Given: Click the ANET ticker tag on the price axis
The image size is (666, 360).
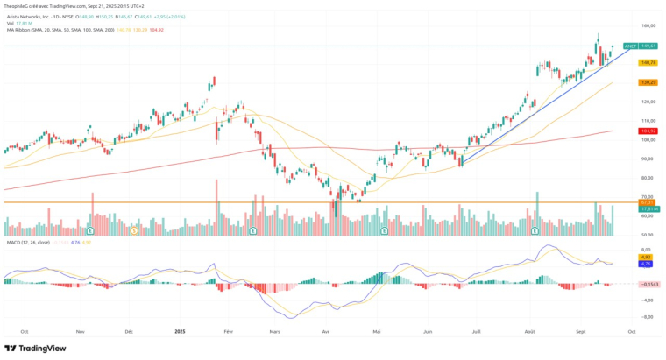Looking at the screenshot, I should (x=629, y=46).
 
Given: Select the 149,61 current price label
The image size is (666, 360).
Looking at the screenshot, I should (x=648, y=46).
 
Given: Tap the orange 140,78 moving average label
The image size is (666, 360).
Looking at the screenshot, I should (x=648, y=63).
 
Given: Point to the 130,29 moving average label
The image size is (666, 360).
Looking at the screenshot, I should (x=648, y=82).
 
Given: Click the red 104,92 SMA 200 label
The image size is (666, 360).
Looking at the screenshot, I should (x=648, y=131).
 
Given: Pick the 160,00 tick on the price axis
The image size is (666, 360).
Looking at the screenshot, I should (x=648, y=25).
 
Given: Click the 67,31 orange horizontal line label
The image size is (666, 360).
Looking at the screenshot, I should (x=648, y=202).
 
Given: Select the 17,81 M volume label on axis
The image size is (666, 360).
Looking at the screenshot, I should (x=648, y=208).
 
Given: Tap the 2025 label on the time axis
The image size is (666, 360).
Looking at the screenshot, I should (x=180, y=332).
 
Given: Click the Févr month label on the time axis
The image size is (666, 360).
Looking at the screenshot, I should (x=229, y=332).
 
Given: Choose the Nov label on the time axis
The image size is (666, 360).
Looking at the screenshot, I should (x=80, y=332).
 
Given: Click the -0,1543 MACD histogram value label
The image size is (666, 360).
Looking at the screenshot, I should (x=648, y=284).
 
